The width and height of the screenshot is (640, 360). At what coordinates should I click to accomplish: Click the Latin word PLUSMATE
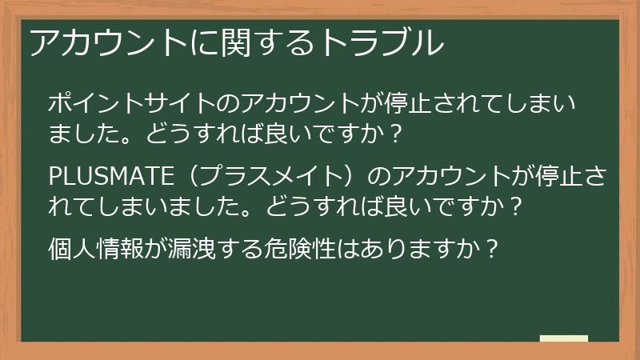tap(106, 175)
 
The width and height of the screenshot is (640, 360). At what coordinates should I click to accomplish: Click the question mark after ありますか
tap(494, 247)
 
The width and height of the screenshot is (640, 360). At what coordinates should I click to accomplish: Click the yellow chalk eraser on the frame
tap(564, 339)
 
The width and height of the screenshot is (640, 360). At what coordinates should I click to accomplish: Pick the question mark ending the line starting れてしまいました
tap(516, 206)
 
